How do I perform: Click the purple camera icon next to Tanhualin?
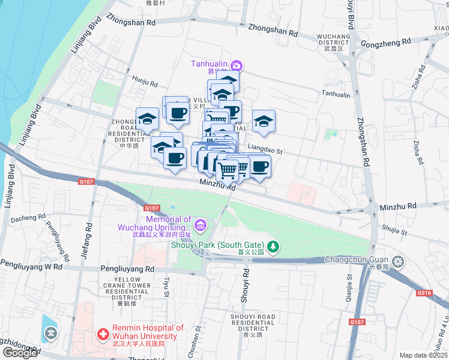pos(237,65)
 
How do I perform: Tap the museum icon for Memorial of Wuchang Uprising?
pos(200,226)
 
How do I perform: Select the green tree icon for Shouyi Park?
pos(273,245)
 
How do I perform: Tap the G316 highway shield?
pos(424,293)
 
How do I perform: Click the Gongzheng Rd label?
pos(387,42)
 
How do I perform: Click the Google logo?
pos(20,353)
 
